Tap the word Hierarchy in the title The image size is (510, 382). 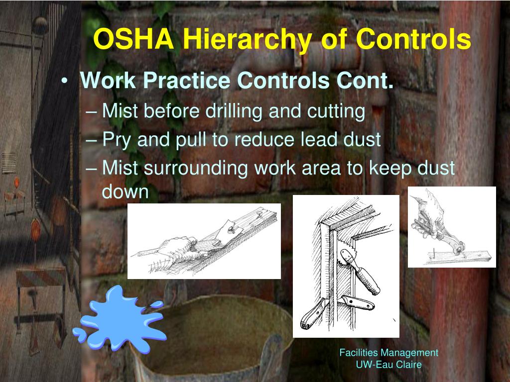click(240, 40)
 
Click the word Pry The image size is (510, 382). click(118, 140)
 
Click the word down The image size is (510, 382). click(126, 191)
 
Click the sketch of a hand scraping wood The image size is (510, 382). click(204, 241)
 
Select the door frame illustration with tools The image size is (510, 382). click(346, 266)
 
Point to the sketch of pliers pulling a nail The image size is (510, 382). click(452, 227)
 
